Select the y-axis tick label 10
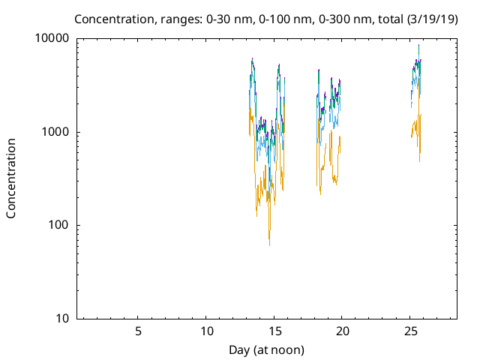pos(63,319)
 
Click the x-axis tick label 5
pos(138,331)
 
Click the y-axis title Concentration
pos(11,178)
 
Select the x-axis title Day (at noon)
pos(267,349)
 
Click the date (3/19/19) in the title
pos(430,19)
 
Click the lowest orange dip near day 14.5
pos(269,243)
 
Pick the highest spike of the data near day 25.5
pos(418,46)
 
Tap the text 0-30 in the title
pos(217,19)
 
